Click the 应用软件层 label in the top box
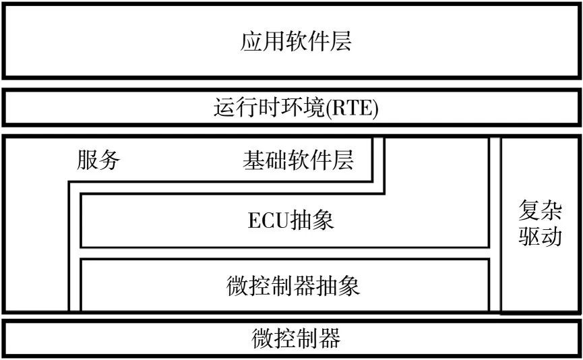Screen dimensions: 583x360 296,41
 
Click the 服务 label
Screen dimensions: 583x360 98,160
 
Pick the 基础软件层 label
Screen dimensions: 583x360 298,160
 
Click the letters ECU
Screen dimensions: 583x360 268,220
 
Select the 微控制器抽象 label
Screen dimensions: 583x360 293,286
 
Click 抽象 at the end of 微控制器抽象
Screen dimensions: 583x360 338,286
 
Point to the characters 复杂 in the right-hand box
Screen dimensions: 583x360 540,210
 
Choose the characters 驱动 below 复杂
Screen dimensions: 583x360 540,236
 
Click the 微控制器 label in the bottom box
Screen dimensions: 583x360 296,338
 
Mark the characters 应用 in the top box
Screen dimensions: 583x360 262,41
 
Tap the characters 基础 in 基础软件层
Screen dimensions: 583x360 265,160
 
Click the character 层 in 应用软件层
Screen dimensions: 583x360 340,41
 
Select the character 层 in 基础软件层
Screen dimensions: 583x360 342,160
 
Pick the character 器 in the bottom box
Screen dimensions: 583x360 330,338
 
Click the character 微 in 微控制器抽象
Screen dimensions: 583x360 237,286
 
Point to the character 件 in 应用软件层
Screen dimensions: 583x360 318,41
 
